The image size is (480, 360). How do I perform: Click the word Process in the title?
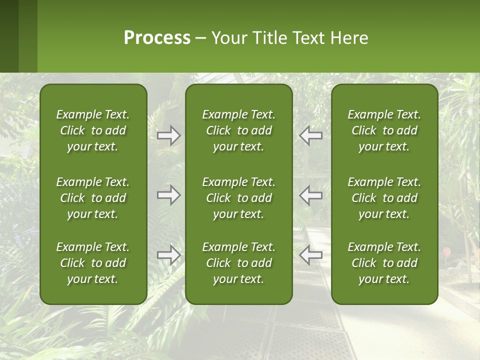pyautogui.click(x=157, y=38)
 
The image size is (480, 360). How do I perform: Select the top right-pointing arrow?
pyautogui.click(x=168, y=135)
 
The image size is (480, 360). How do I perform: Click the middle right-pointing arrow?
pyautogui.click(x=168, y=195)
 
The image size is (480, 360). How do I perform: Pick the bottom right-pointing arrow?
pyautogui.click(x=168, y=255)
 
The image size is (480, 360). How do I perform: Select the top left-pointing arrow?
pyautogui.click(x=310, y=135)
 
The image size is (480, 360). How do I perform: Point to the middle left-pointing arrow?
pyautogui.click(x=310, y=195)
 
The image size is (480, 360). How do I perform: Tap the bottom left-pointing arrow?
pyautogui.click(x=310, y=255)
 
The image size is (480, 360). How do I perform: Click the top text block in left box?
pyautogui.click(x=92, y=130)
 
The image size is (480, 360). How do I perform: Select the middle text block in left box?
pyautogui.click(x=92, y=198)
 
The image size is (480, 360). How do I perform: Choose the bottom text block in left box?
pyautogui.click(x=92, y=263)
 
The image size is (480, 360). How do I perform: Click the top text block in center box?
pyautogui.click(x=238, y=130)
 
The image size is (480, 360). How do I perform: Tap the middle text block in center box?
pyautogui.click(x=238, y=198)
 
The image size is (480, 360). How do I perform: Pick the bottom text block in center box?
pyautogui.click(x=238, y=263)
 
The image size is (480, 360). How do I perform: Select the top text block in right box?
pyautogui.click(x=384, y=130)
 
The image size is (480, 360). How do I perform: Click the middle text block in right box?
pyautogui.click(x=384, y=198)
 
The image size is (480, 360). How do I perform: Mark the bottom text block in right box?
pyautogui.click(x=384, y=263)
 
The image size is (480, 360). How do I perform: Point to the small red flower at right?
pyautogui.click(x=446, y=251)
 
